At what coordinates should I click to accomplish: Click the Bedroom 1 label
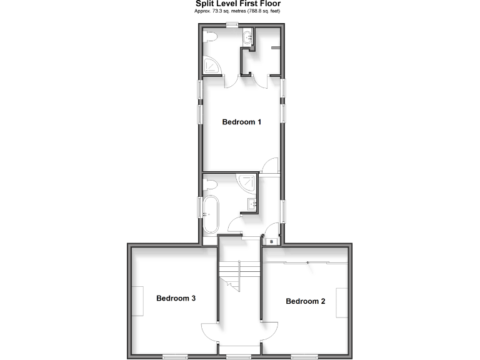[241, 122]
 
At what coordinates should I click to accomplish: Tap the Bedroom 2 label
[305, 301]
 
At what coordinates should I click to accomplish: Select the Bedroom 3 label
[176, 298]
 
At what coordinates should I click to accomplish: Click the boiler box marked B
[271, 241]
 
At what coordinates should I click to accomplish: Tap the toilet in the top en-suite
[210, 38]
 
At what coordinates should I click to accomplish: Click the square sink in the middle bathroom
[252, 203]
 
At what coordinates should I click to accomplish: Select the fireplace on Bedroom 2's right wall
[342, 302]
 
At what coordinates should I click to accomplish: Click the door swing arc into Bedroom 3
[209, 330]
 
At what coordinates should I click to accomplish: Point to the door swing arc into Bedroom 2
[270, 330]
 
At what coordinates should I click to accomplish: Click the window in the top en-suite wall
[232, 25]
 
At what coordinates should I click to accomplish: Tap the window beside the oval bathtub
[201, 207]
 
